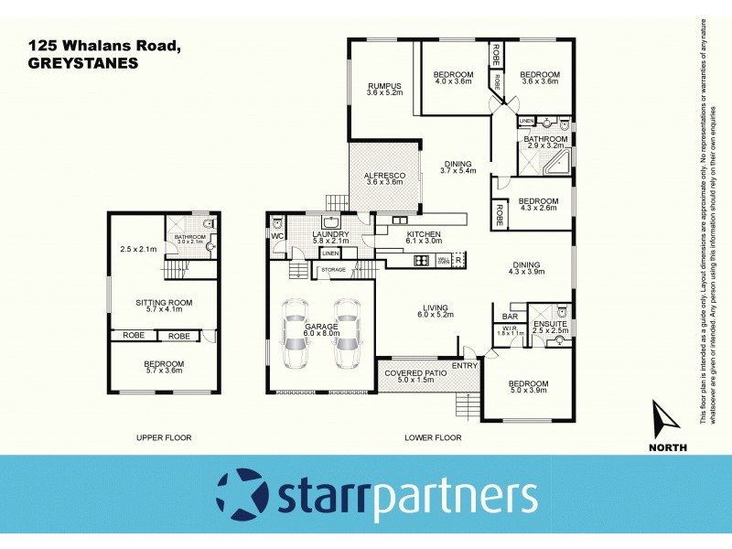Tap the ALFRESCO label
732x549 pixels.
pos(384,174)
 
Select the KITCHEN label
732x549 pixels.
pos(425,234)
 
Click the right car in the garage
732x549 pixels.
pos(348,334)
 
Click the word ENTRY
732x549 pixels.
pos(465,366)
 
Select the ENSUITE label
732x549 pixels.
pos(551,323)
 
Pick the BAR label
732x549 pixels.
pos(510,317)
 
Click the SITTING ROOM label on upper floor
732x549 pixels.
pos(161,302)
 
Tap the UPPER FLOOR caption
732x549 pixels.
pos(164,437)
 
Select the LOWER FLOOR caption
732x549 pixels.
pos(433,437)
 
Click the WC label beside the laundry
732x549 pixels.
pos(277,235)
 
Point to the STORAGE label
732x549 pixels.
pos(333,270)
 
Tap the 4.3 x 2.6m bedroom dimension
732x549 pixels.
pos(538,209)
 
